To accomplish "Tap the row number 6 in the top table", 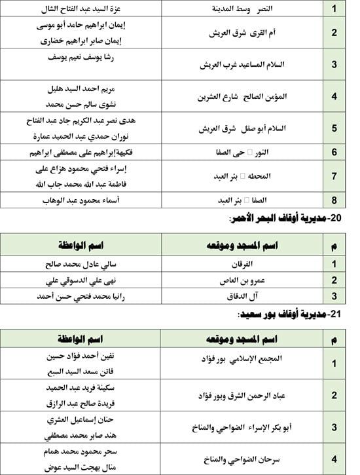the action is tap(334, 152).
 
